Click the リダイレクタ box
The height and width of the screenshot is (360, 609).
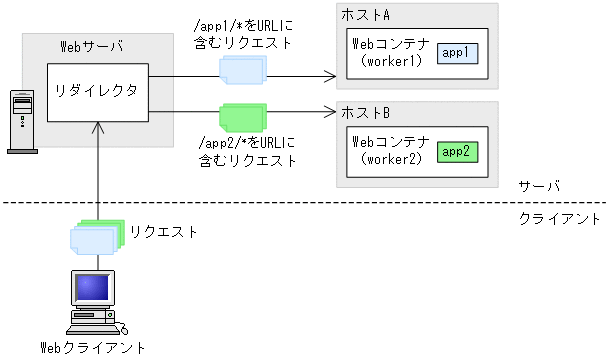[98, 94]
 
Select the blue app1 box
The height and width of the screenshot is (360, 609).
[458, 52]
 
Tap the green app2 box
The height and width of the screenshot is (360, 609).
[458, 151]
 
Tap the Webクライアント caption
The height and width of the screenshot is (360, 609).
[92, 348]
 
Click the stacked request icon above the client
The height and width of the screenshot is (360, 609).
[96, 235]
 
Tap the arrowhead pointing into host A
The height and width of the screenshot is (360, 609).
[330, 75]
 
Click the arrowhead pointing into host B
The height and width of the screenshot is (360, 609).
[330, 114]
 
